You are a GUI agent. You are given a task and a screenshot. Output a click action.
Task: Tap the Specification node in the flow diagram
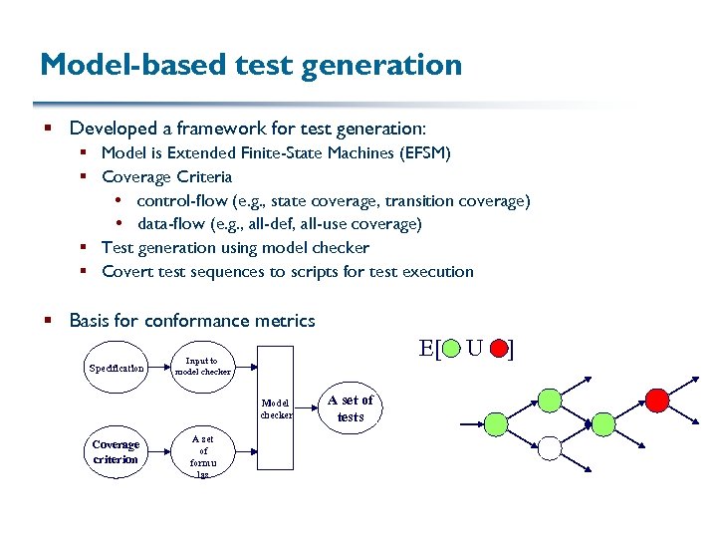[117, 368]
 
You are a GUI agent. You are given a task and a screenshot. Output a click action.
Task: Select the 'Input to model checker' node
[202, 367]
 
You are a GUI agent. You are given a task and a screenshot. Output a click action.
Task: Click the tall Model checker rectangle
[277, 407]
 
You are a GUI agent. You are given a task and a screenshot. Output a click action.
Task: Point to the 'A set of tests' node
[351, 408]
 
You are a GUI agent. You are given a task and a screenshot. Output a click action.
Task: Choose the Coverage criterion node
[117, 451]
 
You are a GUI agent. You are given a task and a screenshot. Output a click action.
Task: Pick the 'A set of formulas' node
[202, 456]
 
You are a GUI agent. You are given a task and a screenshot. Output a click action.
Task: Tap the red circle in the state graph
[655, 400]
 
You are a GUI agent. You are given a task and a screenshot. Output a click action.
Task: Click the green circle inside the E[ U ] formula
[451, 350]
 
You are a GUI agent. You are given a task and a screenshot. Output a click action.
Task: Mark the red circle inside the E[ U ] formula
[497, 350]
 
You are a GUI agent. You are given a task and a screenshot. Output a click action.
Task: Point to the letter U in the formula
[474, 349]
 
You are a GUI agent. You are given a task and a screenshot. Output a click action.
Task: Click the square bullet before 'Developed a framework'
[49, 129]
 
